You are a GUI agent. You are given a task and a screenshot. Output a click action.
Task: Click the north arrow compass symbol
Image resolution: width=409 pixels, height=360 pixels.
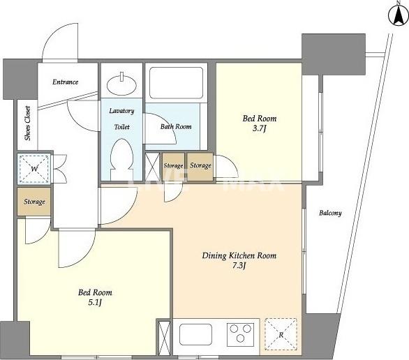(x=399, y=15)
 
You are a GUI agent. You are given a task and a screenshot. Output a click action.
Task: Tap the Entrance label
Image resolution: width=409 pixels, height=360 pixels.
(x=65, y=82)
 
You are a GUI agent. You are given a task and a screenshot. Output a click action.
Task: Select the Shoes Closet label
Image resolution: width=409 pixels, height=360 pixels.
(x=28, y=123)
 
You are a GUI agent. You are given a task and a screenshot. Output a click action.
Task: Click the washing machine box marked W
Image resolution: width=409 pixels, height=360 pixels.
(x=34, y=169)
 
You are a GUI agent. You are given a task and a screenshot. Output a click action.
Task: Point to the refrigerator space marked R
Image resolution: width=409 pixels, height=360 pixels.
(x=281, y=334)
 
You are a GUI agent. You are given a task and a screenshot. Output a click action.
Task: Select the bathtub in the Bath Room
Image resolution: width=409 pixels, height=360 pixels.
(x=176, y=83)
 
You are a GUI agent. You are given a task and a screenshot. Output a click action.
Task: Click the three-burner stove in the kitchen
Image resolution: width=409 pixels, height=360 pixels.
(x=240, y=334)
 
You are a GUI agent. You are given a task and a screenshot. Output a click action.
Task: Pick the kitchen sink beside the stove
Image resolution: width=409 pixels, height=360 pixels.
(x=195, y=334)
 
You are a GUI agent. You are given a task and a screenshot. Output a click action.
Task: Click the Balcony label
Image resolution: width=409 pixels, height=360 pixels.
(x=330, y=213)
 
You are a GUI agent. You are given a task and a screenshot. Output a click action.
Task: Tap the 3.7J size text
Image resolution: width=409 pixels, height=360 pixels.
(x=259, y=129)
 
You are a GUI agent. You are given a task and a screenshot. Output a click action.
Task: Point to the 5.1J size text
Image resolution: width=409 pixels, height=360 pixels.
(x=95, y=302)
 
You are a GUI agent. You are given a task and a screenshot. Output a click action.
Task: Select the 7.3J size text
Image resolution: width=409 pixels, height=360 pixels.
(x=239, y=265)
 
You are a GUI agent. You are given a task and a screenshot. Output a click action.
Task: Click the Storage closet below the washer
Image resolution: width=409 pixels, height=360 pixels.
(x=34, y=202)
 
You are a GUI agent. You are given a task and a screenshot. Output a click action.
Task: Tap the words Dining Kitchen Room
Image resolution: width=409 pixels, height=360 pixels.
(x=239, y=255)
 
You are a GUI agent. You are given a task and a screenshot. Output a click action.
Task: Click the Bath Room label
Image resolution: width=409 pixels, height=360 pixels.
(x=176, y=127)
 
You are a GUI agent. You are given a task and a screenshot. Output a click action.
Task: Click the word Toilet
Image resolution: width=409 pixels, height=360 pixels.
(x=122, y=127)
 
